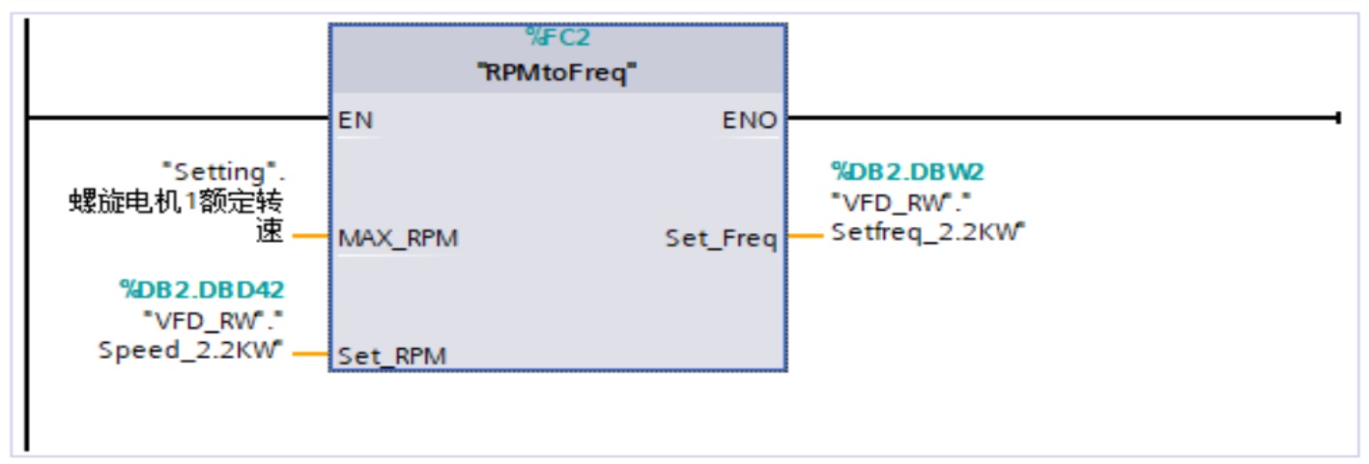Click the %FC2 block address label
(x=557, y=38)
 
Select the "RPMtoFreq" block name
(x=557, y=72)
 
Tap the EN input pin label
(x=356, y=121)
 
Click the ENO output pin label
(x=750, y=121)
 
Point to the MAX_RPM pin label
(x=398, y=239)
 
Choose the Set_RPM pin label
(x=392, y=356)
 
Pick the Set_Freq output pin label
(x=721, y=238)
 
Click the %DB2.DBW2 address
(x=907, y=172)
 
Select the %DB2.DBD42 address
(x=202, y=288)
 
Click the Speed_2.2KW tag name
(x=192, y=350)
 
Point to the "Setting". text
(x=227, y=172)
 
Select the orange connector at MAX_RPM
(x=310, y=235)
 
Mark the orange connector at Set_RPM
(x=310, y=353)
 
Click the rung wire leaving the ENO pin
(x=1063, y=118)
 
